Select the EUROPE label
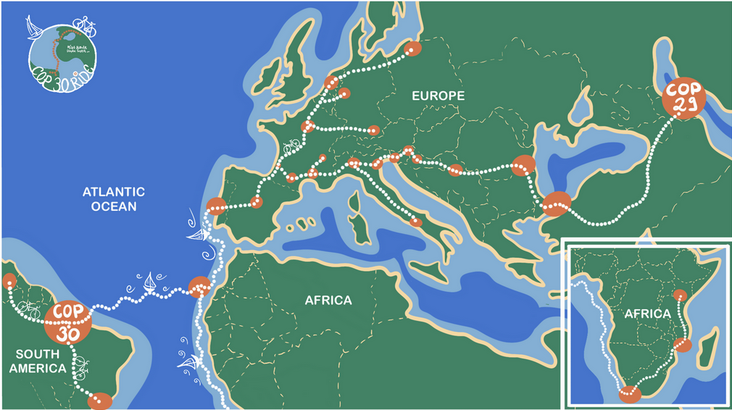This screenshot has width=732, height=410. coord(437,96)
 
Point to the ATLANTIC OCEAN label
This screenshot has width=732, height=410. coord(113,199)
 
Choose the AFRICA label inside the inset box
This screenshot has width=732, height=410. coord(647,314)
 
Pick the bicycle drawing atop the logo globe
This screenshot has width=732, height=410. coord(86,27)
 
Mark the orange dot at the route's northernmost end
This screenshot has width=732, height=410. coord(413,49)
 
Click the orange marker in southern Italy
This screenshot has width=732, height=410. coord(416,222)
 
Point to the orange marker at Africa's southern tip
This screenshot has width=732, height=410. coord(630,395)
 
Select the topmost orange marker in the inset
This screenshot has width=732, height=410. coord(679,295)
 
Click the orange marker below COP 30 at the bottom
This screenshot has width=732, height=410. coord(100,401)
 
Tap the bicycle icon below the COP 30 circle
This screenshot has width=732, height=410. coord(80,360)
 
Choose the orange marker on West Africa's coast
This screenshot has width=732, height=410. coord(198,287)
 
